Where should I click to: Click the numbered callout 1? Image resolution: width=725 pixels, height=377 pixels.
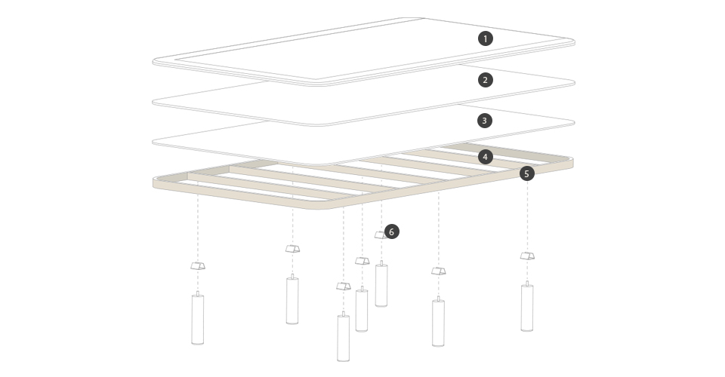point(485,38)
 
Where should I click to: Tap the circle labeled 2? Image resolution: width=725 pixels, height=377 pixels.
point(485,80)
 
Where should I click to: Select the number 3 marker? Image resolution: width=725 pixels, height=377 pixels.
point(485,121)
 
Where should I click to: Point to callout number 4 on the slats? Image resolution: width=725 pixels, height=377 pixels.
point(485,157)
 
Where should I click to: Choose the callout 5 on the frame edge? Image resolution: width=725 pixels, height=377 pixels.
point(526,173)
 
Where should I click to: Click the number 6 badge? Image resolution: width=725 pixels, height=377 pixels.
point(392,231)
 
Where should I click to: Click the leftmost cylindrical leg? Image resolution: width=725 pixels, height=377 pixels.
point(197,319)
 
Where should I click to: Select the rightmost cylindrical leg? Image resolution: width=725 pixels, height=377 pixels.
point(527,307)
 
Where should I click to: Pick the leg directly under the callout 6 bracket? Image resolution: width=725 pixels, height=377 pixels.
point(381,284)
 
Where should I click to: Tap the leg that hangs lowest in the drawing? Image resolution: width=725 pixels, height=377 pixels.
point(343,338)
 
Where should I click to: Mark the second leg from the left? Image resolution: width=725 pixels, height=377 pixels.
point(292,300)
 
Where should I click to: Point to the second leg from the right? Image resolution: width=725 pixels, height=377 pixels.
point(438,322)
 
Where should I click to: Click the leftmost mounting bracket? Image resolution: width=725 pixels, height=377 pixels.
point(198,266)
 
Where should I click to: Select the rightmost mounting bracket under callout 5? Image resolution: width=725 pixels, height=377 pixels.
point(527,256)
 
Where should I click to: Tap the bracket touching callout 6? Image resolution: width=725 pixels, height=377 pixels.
point(381,235)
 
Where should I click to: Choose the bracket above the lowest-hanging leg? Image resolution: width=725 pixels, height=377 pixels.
point(344,286)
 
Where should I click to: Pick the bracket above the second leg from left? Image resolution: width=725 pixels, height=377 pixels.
point(293,249)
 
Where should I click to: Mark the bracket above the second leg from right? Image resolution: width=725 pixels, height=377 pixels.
point(439,271)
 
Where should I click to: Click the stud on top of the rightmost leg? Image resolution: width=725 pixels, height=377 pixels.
point(527,284)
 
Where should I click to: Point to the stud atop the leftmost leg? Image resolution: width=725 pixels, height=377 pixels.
point(197,293)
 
